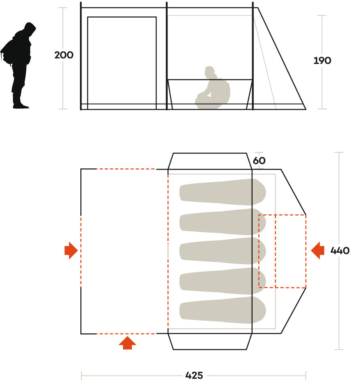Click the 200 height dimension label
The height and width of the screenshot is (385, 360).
pyautogui.click(x=64, y=55)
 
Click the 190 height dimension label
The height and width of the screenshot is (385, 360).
pyautogui.click(x=322, y=60)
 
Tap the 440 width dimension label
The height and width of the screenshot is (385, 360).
pyautogui.click(x=340, y=250)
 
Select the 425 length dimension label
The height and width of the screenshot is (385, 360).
pyautogui.click(x=194, y=376)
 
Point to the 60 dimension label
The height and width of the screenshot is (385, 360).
pyautogui.click(x=259, y=161)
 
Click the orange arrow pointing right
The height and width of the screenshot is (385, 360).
pyautogui.click(x=71, y=250)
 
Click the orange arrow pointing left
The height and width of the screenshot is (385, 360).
pyautogui.click(x=317, y=250)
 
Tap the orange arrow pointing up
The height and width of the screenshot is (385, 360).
pyautogui.click(x=127, y=343)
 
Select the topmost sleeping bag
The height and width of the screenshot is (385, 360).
pyautogui.click(x=223, y=192)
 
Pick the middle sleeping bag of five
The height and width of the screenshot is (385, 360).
pyautogui.click(x=223, y=251)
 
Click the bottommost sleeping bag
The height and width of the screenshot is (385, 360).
pyautogui.click(x=223, y=310)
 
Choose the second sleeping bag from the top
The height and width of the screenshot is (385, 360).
pyautogui.click(x=223, y=222)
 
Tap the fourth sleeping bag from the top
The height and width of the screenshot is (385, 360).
pyautogui.click(x=223, y=281)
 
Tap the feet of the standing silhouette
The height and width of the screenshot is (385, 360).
pyautogui.click(x=21, y=106)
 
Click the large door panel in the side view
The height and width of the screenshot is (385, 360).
pyautogui.click(x=122, y=63)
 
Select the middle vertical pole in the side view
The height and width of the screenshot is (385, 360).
pyautogui.click(x=166, y=56)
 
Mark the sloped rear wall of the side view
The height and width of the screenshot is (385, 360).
pyautogui.click(x=282, y=59)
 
